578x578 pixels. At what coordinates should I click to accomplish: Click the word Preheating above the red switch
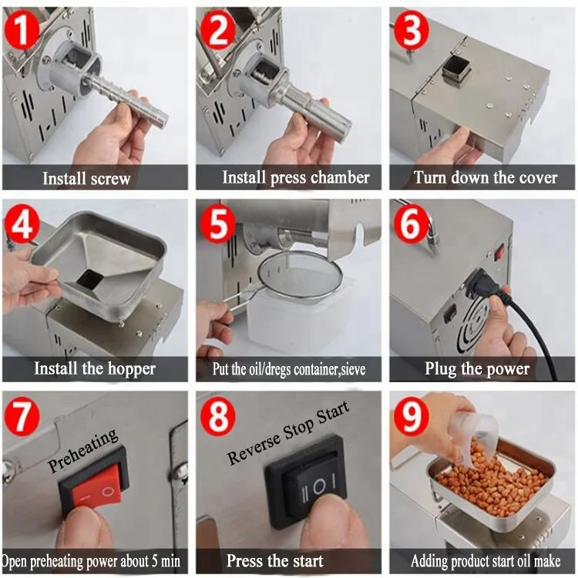click(x=83, y=451)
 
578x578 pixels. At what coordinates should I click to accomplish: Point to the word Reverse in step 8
click(x=254, y=447)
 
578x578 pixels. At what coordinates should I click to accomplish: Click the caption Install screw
click(x=86, y=179)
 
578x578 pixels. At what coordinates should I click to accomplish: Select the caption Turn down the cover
click(x=485, y=178)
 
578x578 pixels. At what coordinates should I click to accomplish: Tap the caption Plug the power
click(x=477, y=368)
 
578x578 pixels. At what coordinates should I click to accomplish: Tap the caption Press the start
click(x=274, y=561)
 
